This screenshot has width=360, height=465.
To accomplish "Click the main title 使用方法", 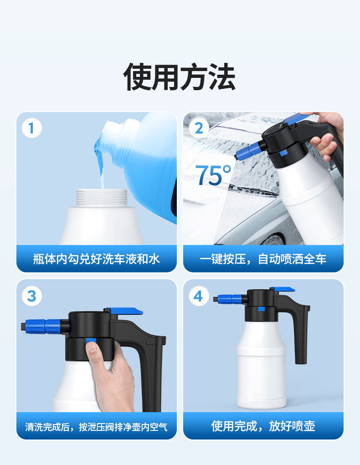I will pyautogui.click(x=180, y=77).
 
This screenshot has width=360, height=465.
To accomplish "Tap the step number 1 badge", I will pyautogui.click(x=31, y=128).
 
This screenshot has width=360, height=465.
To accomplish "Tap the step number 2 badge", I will pyautogui.click(x=198, y=128).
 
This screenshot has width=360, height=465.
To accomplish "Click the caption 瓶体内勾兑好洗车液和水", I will pyautogui.click(x=96, y=259).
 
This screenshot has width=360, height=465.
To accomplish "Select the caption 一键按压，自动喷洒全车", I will pyautogui.click(x=263, y=259).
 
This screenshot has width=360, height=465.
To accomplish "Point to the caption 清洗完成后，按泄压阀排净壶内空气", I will pyautogui.click(x=96, y=427).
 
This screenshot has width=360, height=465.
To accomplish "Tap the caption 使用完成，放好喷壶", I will pyautogui.click(x=263, y=427).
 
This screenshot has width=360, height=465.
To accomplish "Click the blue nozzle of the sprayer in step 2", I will pyautogui.click(x=248, y=150).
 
